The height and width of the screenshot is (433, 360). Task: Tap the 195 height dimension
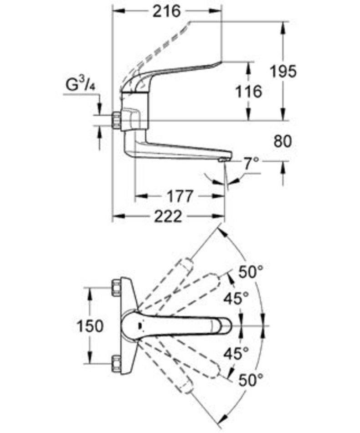click(283, 71)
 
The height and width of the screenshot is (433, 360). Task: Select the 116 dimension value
click(249, 91)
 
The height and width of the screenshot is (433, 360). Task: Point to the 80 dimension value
click(283, 141)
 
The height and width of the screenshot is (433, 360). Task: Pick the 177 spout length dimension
click(179, 196)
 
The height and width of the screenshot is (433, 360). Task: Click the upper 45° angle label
click(236, 299)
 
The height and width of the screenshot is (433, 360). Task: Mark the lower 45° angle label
click(236, 352)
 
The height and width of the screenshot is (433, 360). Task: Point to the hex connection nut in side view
click(116, 120)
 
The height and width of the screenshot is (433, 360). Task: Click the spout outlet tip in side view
click(222, 160)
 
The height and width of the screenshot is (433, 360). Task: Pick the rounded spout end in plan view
click(226, 325)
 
